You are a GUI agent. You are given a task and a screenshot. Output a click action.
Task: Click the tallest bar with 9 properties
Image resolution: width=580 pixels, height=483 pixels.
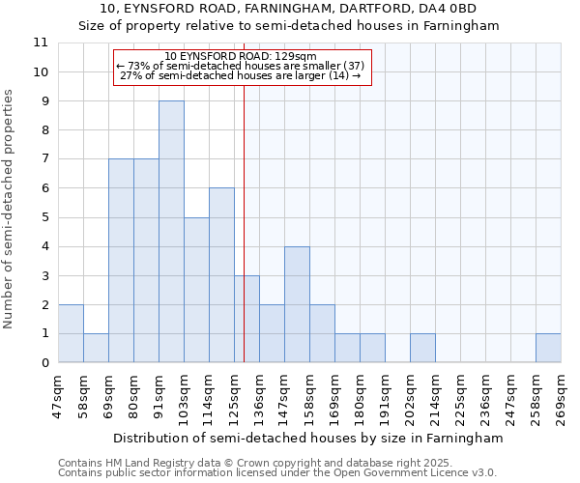click(x=171, y=232)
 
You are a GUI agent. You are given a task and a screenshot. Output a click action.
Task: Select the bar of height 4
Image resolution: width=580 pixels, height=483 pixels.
click(x=297, y=304)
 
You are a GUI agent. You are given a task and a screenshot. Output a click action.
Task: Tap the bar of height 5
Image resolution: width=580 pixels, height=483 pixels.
click(x=196, y=290)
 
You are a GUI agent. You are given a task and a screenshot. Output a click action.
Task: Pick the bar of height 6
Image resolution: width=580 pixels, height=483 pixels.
click(x=221, y=275)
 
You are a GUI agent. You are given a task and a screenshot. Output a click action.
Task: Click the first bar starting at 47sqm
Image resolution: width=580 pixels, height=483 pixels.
click(x=71, y=333)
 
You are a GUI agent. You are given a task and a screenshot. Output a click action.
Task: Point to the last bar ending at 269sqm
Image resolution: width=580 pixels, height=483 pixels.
click(x=548, y=348)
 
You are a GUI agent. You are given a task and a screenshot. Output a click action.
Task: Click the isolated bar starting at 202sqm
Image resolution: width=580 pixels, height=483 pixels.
click(x=422, y=348)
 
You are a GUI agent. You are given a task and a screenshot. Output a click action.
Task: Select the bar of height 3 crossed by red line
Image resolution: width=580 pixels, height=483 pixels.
click(x=246, y=319)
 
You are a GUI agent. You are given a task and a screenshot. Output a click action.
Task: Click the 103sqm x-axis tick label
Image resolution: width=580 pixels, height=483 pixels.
click(x=185, y=394)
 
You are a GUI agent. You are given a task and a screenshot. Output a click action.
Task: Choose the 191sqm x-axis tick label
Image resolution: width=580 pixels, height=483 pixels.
click(x=386, y=394)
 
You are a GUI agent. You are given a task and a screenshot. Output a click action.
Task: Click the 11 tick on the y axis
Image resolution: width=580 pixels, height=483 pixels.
click(x=41, y=43)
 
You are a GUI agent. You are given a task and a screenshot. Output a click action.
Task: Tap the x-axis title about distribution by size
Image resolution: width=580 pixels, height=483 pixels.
click(x=308, y=439)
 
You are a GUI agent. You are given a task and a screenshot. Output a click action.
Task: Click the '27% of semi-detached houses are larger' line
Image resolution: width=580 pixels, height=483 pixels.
click(x=242, y=75)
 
